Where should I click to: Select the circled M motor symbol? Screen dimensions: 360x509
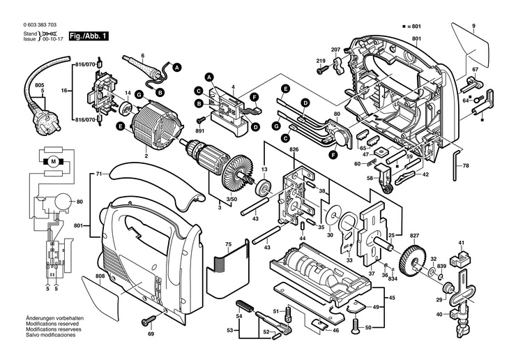tap(52, 163)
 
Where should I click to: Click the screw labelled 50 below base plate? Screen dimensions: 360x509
tap(356, 323)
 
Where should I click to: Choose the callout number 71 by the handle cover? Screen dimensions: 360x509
tap(99, 172)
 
